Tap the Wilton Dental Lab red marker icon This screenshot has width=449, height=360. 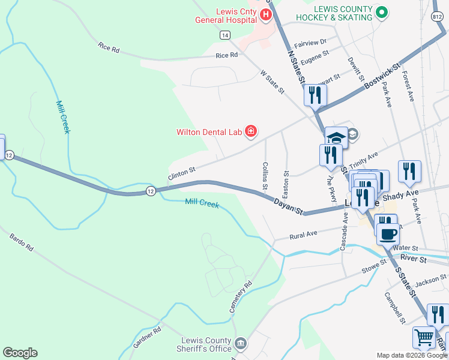tap(251, 131)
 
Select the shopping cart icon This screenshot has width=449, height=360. tap(424, 338)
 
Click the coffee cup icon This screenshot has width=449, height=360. tap(388, 233)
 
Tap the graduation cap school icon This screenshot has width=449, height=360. tap(336, 138)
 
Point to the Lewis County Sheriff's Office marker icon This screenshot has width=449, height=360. tap(241, 344)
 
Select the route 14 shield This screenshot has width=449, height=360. tap(224, 35)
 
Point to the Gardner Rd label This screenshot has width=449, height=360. tap(148, 338)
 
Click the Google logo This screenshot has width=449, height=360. tap(20, 353)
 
